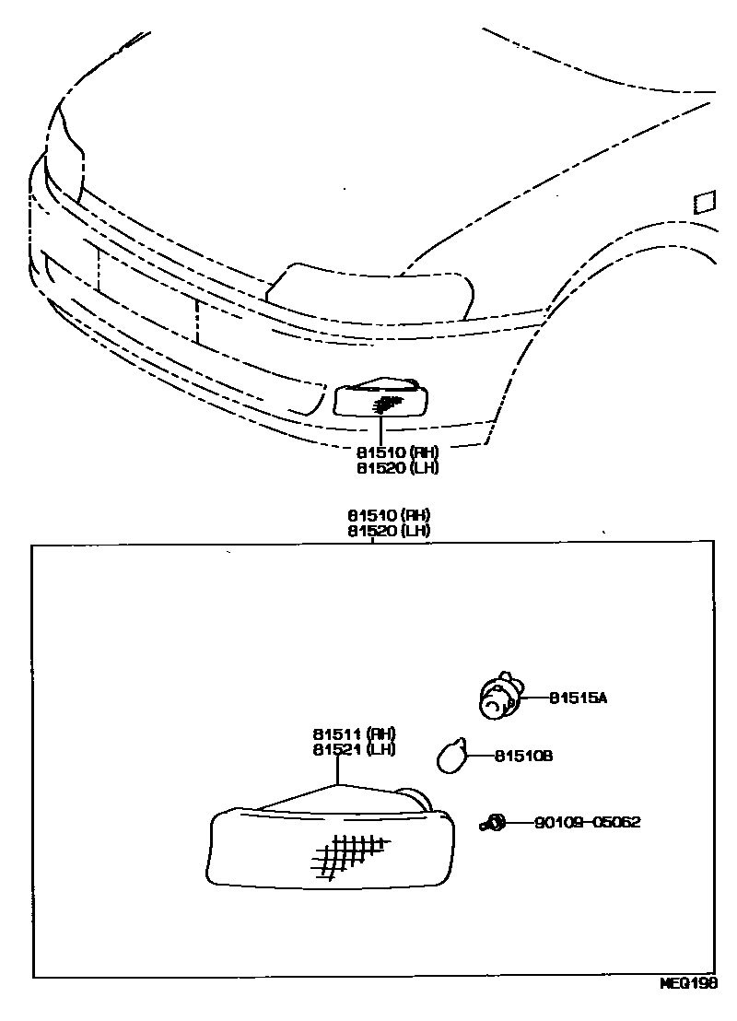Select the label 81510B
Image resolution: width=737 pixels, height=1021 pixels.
click(523, 757)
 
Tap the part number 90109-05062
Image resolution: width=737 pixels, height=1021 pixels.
click(587, 822)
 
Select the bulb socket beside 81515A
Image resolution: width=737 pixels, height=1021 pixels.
click(500, 696)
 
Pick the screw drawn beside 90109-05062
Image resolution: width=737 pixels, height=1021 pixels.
click(493, 822)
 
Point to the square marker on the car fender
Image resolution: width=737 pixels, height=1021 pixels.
click(704, 202)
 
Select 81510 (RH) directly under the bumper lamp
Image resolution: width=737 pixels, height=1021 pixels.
click(398, 452)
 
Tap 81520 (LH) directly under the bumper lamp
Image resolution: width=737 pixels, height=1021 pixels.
click(398, 467)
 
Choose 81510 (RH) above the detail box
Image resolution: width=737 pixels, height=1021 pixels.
click(389, 516)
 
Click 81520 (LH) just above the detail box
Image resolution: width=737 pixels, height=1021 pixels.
click(389, 531)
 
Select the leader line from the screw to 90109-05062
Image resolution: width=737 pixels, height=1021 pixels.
click(518, 822)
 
